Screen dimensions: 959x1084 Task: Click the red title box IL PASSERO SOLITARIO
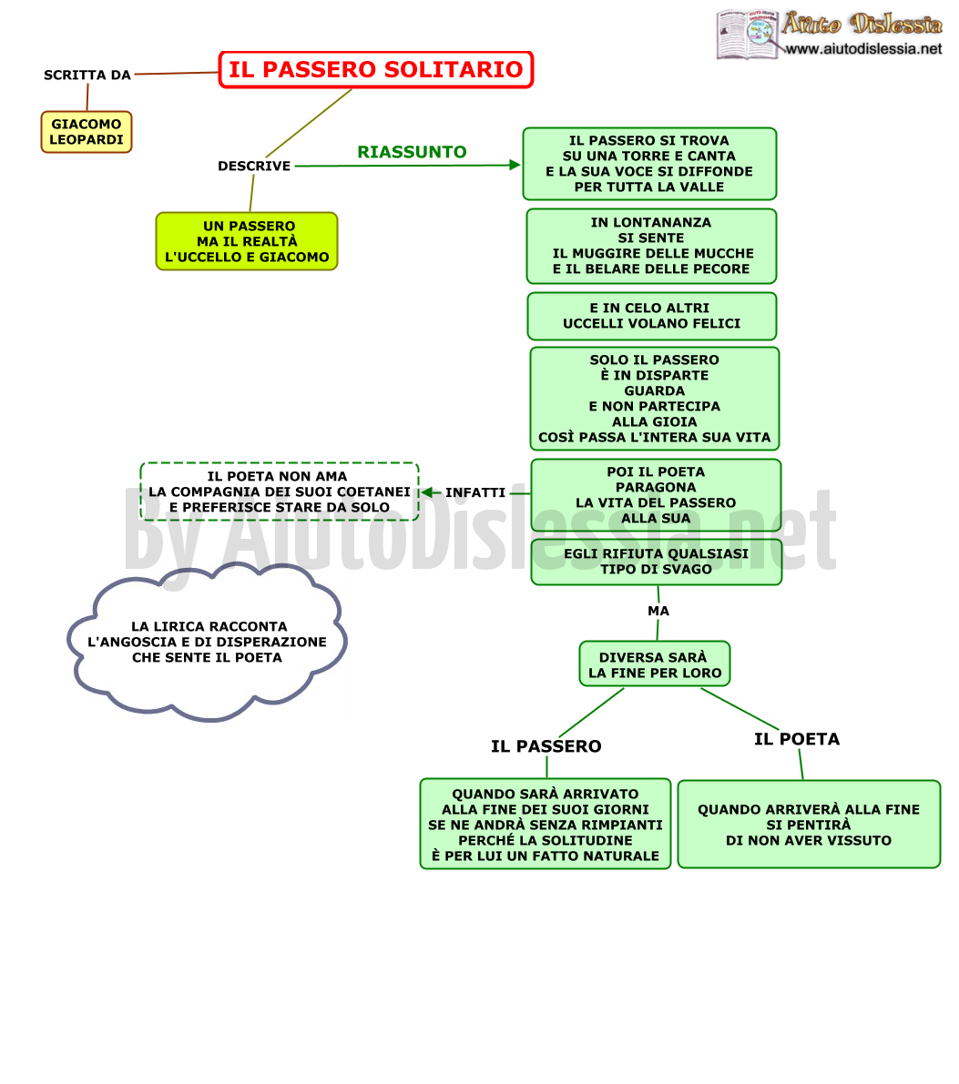click(376, 70)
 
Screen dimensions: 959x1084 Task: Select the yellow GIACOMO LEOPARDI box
click(87, 132)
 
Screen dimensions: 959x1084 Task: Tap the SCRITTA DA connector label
click(87, 75)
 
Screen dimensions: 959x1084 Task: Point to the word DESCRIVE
click(254, 166)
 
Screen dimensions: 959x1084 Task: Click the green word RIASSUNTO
click(412, 152)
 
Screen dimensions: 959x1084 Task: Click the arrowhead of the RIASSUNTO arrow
click(515, 165)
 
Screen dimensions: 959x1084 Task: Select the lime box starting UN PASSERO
click(247, 241)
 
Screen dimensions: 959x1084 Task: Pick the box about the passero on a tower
click(649, 164)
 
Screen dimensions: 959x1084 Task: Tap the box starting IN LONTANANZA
click(651, 246)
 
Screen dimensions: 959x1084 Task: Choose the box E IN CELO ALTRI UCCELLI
click(652, 316)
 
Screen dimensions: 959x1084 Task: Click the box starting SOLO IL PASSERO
click(655, 399)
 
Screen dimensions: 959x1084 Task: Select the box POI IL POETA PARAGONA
click(656, 495)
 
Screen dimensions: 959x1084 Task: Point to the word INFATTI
click(475, 492)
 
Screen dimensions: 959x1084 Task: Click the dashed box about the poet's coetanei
click(280, 491)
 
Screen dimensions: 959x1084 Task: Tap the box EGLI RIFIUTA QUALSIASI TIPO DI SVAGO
click(656, 562)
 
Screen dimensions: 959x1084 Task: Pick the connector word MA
click(658, 611)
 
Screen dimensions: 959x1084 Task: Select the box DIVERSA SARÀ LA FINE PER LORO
click(655, 664)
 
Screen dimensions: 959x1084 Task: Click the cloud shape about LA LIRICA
click(208, 643)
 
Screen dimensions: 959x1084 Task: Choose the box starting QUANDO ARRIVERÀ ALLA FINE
click(809, 824)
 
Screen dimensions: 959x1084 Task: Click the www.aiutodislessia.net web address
click(863, 48)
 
